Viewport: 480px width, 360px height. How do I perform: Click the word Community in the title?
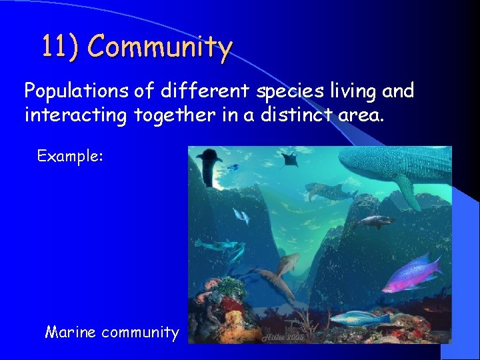tap(160, 47)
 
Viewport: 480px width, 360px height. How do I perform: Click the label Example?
tap(70, 157)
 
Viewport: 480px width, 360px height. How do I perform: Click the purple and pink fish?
tap(411, 271)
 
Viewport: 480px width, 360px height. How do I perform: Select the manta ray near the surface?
tap(289, 159)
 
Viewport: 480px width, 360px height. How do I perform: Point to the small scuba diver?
tap(233, 167)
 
